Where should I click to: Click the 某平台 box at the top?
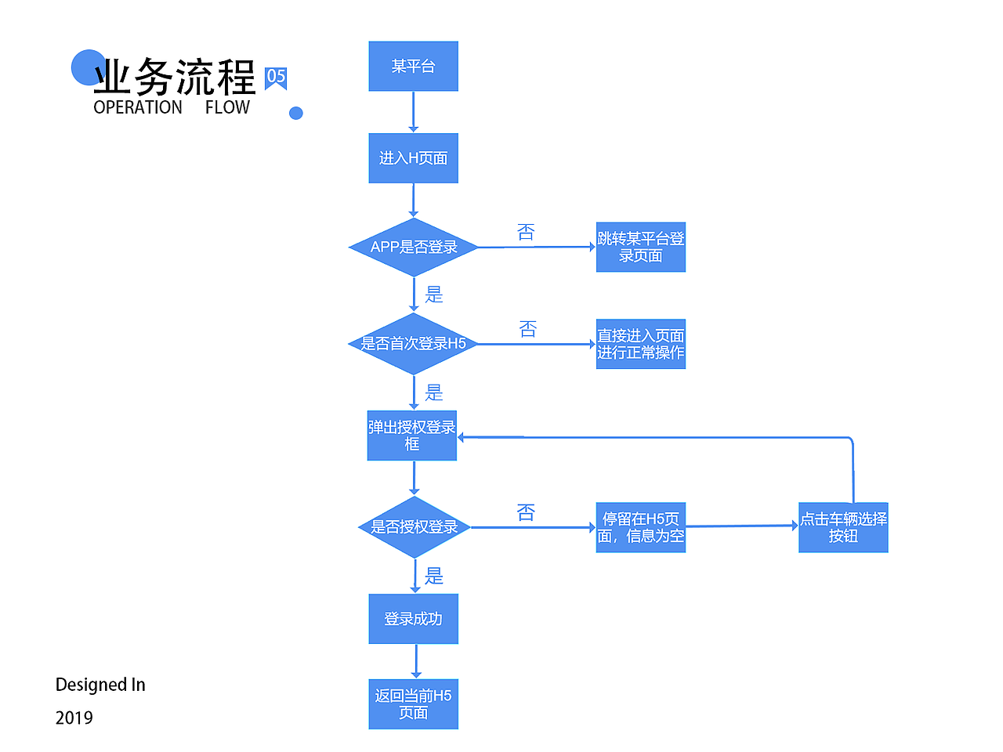tap(413, 67)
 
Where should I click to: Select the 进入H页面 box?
tap(413, 158)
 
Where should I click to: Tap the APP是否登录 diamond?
tap(413, 247)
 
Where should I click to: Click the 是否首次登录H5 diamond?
tap(413, 343)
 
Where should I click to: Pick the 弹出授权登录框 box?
tap(412, 436)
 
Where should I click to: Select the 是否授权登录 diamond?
tap(414, 527)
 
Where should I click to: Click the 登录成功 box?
tap(413, 619)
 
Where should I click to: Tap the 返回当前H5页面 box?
tap(413, 703)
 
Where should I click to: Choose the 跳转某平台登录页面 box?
tap(640, 247)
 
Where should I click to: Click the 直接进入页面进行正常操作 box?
tap(640, 344)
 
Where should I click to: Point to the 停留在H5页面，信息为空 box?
tap(640, 527)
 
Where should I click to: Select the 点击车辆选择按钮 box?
tap(843, 527)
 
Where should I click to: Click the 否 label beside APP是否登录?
tap(526, 233)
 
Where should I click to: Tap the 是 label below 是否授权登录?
tap(434, 577)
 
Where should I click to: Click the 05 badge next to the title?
tap(276, 77)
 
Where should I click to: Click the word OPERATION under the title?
tap(138, 107)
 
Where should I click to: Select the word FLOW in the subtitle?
tap(227, 107)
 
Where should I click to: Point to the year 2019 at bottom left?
tap(74, 718)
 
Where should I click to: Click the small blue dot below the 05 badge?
tap(295, 113)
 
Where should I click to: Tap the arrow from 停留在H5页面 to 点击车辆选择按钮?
tap(741, 526)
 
